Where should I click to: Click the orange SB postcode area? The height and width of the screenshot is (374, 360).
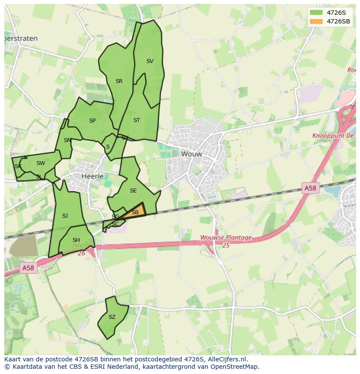(x=136, y=212)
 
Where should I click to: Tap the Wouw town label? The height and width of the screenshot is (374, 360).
(x=191, y=154)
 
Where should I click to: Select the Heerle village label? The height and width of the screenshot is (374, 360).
(x=93, y=176)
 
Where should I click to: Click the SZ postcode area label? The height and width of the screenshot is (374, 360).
(x=112, y=317)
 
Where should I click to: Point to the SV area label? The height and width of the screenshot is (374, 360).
(x=150, y=61)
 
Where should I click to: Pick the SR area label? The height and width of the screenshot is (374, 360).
(x=119, y=81)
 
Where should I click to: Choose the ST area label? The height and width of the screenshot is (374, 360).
(x=137, y=120)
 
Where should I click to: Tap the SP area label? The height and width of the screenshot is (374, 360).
(x=92, y=121)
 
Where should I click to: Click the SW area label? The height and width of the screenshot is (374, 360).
(x=40, y=163)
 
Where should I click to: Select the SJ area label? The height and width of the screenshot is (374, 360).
(x=65, y=216)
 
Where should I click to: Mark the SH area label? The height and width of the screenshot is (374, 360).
(x=76, y=240)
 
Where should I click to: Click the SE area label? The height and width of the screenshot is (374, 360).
(x=133, y=191)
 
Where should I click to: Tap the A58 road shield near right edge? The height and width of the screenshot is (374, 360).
(x=310, y=188)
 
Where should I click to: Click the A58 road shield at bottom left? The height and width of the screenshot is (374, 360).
(x=28, y=268)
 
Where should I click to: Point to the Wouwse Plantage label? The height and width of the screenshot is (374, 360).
(x=226, y=238)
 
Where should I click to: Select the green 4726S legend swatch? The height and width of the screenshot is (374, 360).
(x=317, y=13)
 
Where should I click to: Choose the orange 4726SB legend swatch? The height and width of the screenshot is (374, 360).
(x=317, y=21)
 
